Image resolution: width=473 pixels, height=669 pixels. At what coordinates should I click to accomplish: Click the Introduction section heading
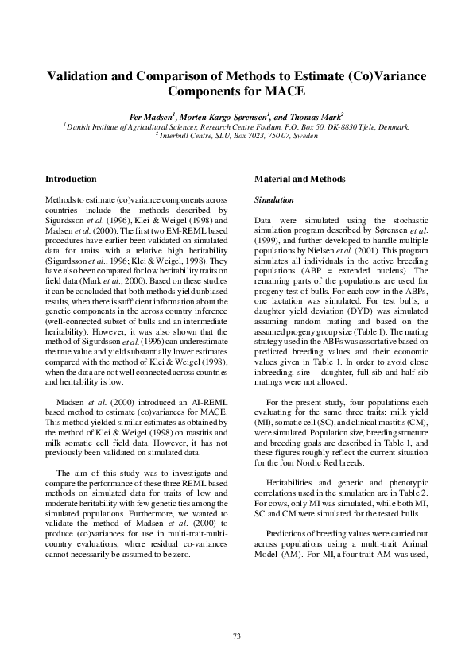coord(72,179)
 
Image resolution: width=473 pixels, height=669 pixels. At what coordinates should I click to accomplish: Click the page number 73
coord(236,636)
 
